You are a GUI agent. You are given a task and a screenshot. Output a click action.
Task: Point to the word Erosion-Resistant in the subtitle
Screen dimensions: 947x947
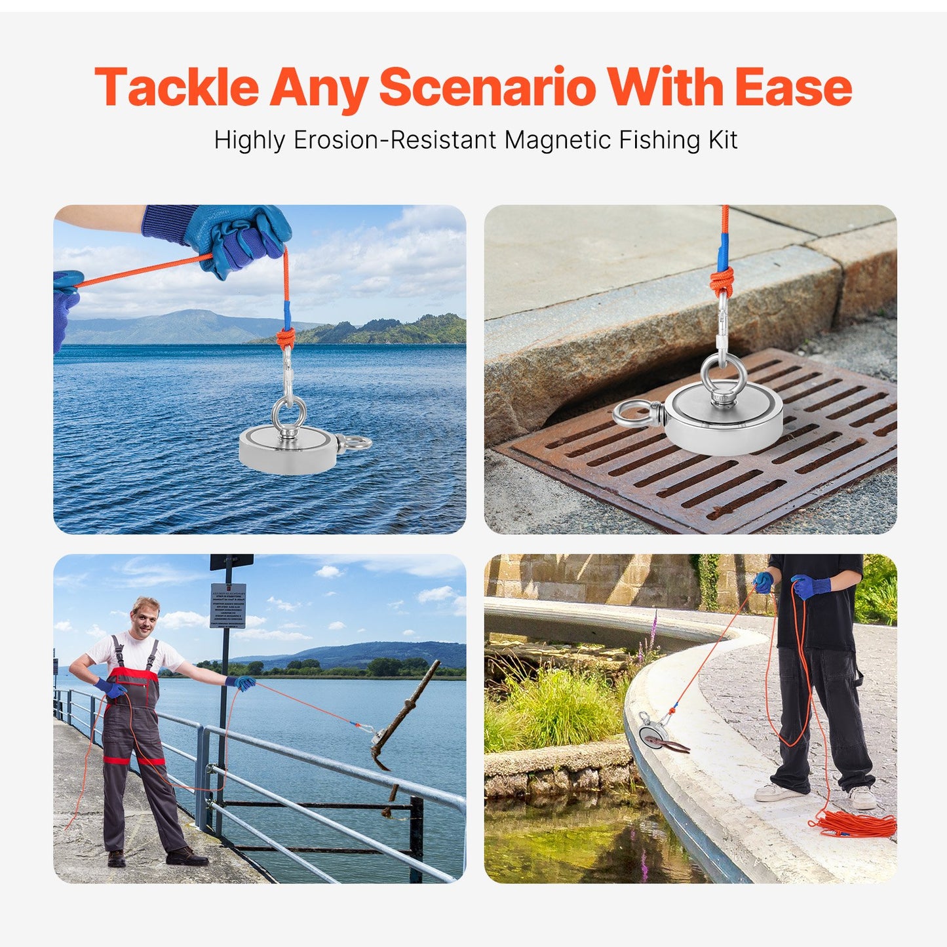tap(395, 140)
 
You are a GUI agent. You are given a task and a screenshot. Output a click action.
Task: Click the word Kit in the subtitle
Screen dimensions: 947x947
tap(722, 140)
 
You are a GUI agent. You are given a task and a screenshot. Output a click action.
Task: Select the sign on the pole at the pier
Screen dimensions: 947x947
tap(227, 606)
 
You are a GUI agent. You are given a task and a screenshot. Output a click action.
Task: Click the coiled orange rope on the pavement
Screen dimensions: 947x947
tap(855, 824)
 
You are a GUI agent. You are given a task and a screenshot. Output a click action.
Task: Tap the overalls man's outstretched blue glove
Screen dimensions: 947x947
tap(244, 683)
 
